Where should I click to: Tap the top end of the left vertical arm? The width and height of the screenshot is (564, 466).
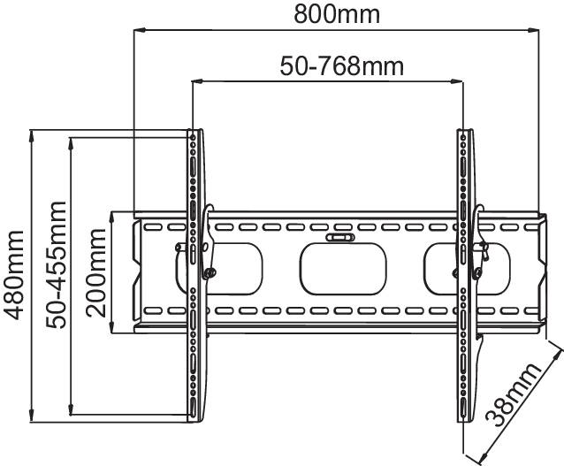click(194, 134)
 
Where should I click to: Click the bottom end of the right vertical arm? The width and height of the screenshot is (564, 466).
click(464, 416)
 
